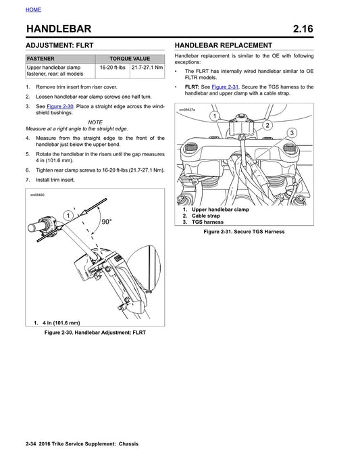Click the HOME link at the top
33,9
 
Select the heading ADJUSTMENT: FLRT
59,45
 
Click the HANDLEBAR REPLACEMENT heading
224,45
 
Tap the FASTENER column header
42,59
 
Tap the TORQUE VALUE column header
130,59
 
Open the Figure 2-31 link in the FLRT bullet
224,87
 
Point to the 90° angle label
106,222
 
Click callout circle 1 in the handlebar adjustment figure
68,215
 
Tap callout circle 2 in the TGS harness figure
267,125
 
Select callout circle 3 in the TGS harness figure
292,133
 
